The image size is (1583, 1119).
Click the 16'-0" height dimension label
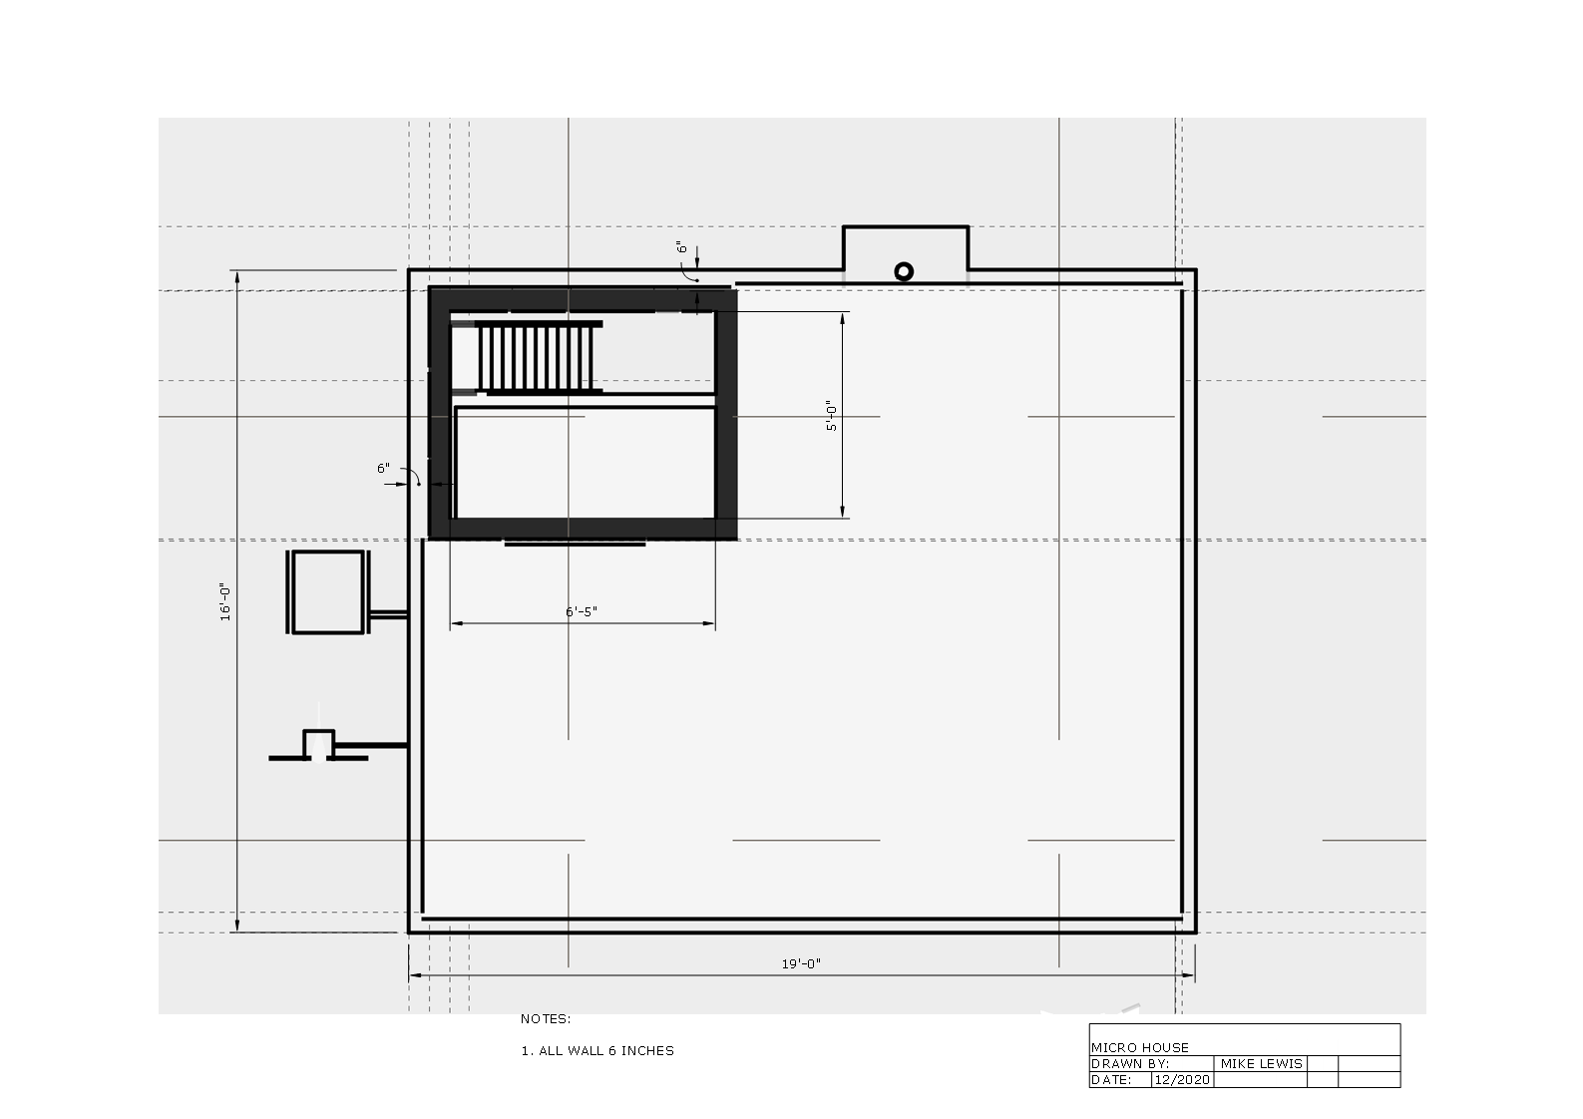(x=225, y=602)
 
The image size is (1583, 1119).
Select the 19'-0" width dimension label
(x=801, y=963)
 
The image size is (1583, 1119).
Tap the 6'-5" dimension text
(x=582, y=611)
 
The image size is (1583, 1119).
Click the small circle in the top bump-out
(x=904, y=272)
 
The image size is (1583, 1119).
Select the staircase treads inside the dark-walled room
(x=537, y=357)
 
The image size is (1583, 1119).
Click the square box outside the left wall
(x=328, y=592)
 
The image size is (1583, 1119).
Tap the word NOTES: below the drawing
(x=546, y=1018)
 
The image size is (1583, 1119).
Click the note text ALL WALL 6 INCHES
(x=606, y=1050)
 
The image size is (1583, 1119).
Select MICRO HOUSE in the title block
(x=1140, y=1047)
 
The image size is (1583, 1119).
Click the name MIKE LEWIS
(x=1262, y=1063)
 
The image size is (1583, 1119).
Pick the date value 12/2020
(x=1182, y=1079)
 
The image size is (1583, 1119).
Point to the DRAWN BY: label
(x=1130, y=1063)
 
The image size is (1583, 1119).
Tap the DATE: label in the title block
(x=1111, y=1079)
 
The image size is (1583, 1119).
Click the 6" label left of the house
(x=384, y=469)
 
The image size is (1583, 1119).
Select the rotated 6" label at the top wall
(x=682, y=246)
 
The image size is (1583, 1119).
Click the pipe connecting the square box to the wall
(x=388, y=614)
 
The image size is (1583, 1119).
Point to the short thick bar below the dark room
(x=575, y=544)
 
